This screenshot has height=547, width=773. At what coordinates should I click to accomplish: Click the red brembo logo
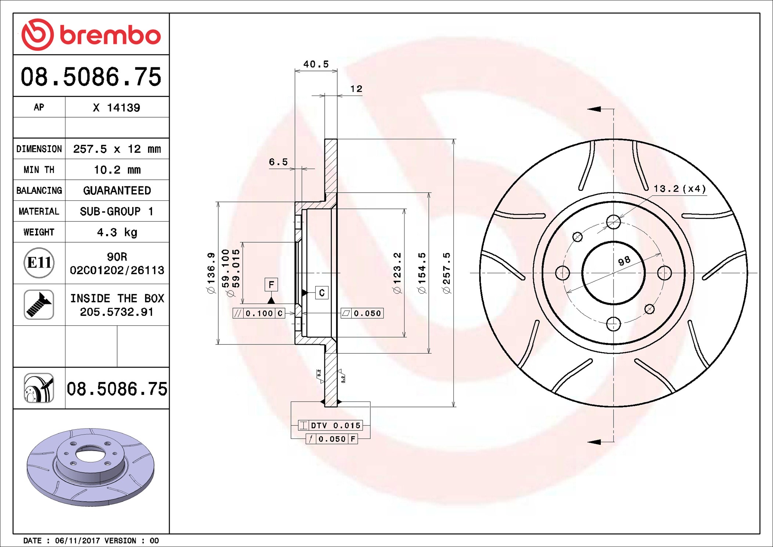[x=91, y=35]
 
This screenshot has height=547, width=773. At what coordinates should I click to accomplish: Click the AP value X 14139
[x=116, y=108]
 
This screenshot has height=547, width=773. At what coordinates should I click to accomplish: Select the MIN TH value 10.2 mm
[x=117, y=170]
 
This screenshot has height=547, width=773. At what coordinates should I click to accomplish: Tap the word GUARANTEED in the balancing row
[x=117, y=190]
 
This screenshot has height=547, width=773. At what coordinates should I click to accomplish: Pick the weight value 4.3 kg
[x=117, y=232]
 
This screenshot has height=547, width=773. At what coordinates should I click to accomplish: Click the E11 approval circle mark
[x=39, y=263]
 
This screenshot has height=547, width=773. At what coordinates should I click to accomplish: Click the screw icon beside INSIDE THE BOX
[x=39, y=304]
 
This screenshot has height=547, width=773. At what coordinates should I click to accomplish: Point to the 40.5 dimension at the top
[x=316, y=64]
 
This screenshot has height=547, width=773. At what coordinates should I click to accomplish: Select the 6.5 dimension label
[x=278, y=162]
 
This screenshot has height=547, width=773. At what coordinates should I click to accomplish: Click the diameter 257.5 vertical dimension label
[x=446, y=273]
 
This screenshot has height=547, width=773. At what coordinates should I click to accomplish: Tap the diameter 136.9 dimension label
[x=211, y=273]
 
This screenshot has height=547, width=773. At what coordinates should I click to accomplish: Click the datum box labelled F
[x=271, y=285]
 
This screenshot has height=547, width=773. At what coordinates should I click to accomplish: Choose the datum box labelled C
[x=322, y=293]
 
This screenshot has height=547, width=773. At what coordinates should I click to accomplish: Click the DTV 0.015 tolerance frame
[x=331, y=425]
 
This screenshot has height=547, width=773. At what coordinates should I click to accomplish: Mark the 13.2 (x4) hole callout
[x=679, y=189]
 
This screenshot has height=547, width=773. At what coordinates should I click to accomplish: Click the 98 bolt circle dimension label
[x=624, y=261]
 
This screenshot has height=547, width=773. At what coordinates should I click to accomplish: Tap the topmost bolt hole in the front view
[x=613, y=222]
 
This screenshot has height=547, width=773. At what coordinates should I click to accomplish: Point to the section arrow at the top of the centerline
[x=594, y=109]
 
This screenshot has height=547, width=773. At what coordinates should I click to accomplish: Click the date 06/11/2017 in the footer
[x=78, y=541]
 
